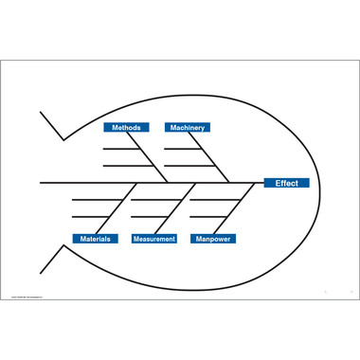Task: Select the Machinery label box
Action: point(187,127)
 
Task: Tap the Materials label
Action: point(95,239)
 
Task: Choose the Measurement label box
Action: point(153,239)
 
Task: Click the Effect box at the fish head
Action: point(286,183)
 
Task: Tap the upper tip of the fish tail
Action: point(41,113)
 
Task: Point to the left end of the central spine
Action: point(41,182)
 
